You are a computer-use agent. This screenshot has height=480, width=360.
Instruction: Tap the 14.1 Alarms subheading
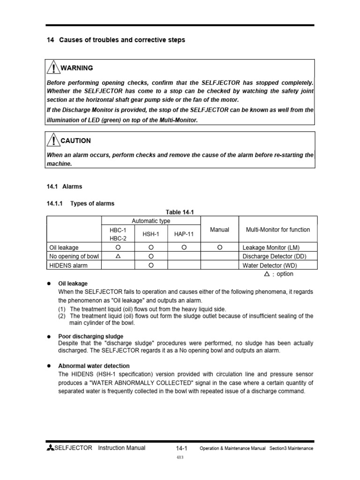(65, 187)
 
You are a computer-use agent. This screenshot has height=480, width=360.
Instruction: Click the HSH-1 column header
(151, 234)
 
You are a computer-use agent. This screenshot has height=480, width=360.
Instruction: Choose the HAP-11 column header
(184, 234)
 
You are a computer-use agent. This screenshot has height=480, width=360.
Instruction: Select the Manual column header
(219, 230)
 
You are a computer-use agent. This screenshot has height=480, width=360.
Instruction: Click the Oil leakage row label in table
(64, 247)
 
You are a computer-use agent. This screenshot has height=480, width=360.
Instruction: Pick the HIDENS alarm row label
(68, 265)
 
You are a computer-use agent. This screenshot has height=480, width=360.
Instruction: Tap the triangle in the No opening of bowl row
(118, 256)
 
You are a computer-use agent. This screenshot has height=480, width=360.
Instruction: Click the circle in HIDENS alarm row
(151, 265)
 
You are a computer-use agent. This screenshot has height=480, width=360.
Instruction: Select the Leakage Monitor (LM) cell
(271, 247)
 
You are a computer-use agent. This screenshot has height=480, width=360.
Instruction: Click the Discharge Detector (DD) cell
(274, 256)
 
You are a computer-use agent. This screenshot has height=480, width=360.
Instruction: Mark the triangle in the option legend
(267, 274)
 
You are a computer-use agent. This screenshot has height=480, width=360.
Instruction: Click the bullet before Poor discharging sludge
(49, 337)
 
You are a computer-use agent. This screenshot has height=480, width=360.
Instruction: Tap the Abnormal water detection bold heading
(94, 366)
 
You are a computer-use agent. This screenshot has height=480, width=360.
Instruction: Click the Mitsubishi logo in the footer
(50, 448)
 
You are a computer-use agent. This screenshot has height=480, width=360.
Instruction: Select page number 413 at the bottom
(180, 458)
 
